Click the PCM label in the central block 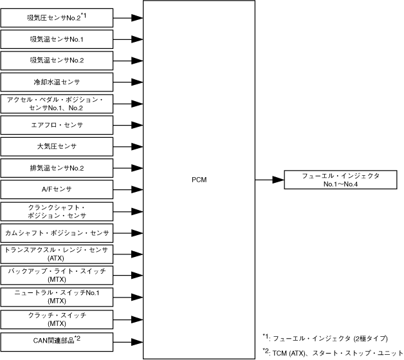[x=199, y=180]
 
